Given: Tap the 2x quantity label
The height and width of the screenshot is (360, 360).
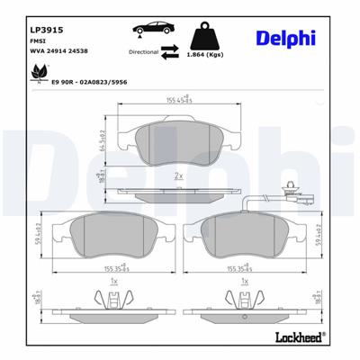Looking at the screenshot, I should (x=179, y=175).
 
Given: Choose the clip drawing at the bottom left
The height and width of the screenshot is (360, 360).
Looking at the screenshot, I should (x=112, y=301).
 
